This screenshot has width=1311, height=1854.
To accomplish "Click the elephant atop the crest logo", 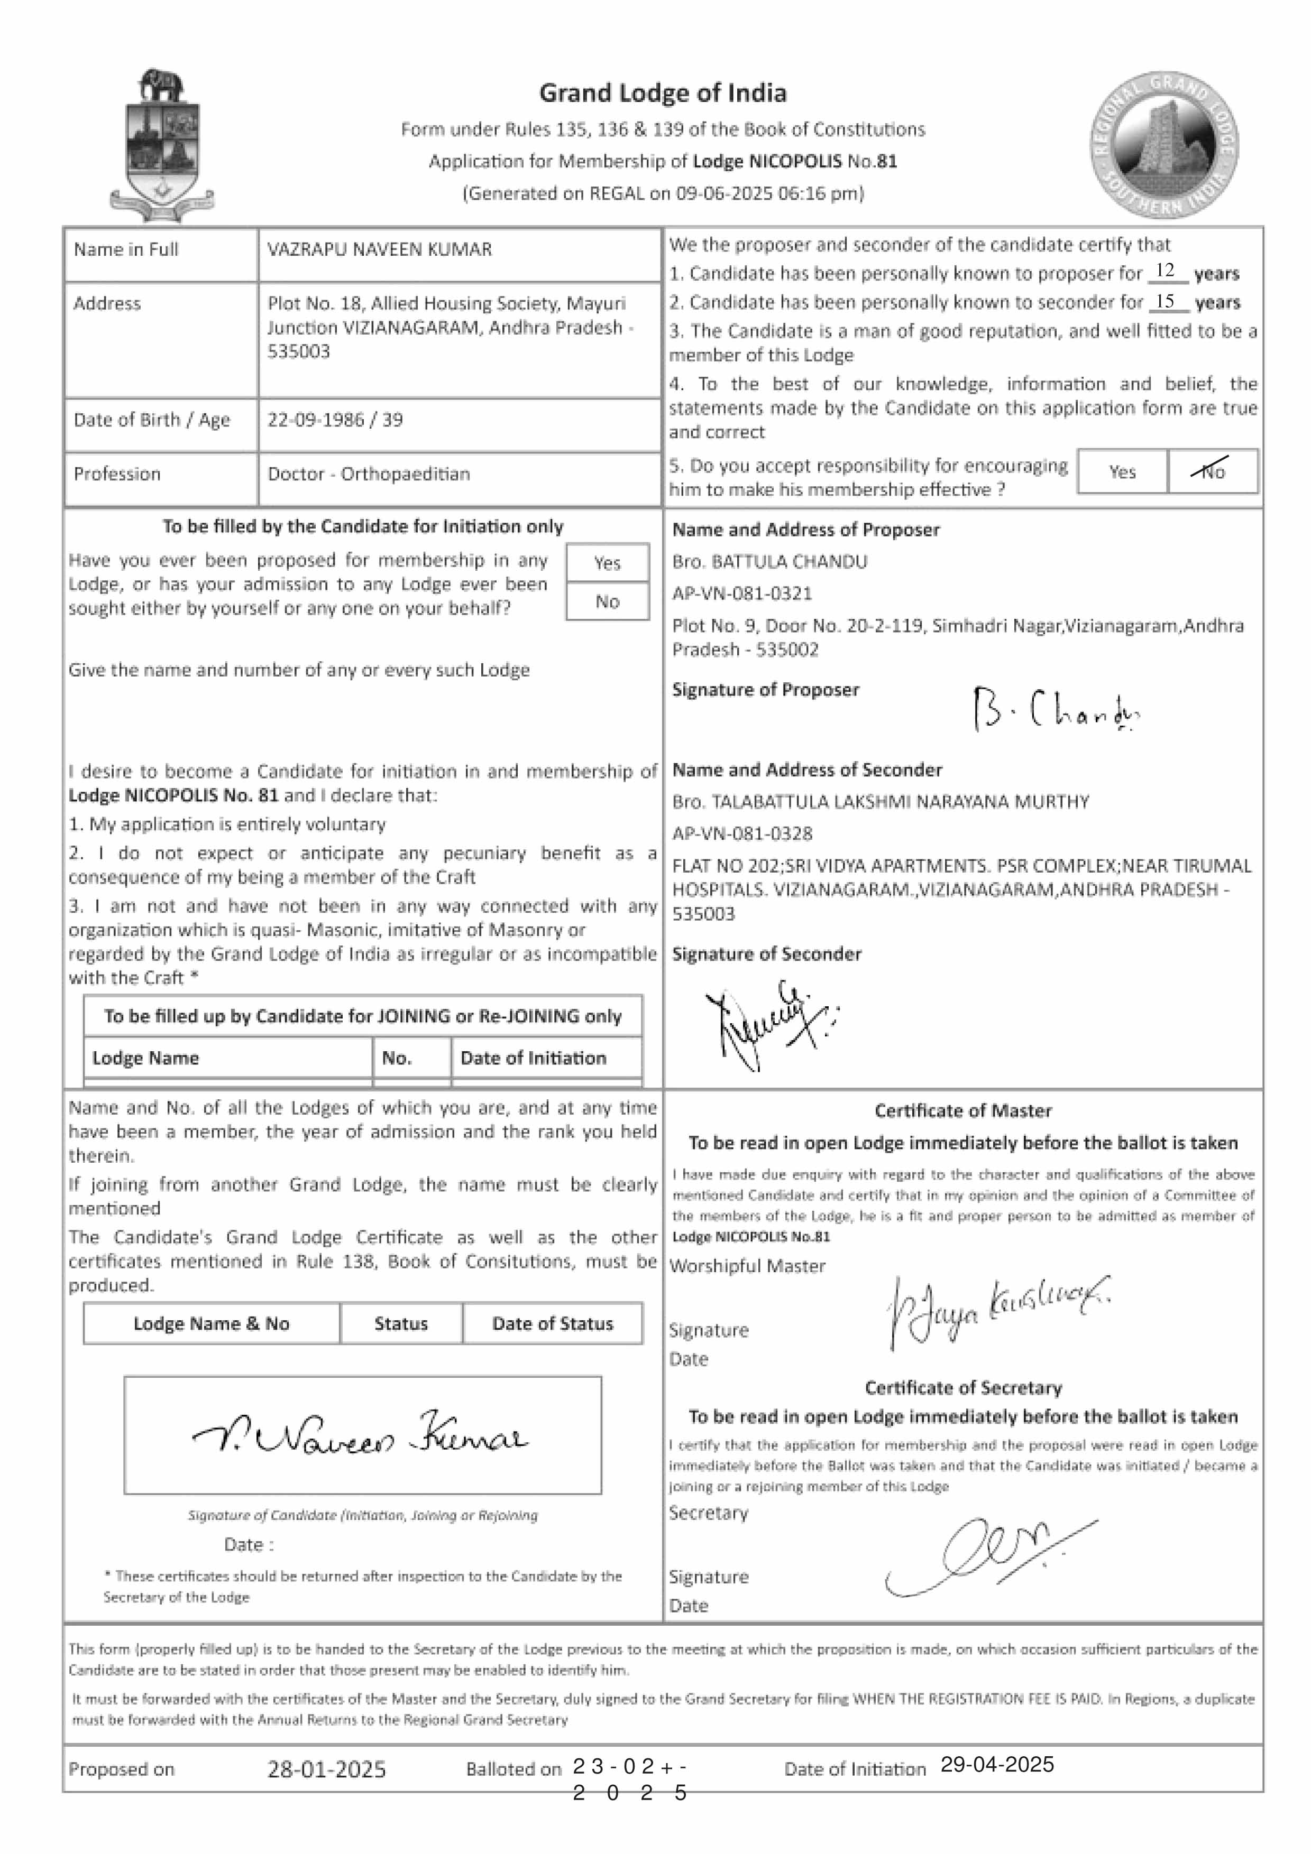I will click(161, 85).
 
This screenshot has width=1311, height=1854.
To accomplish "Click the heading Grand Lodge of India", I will click(662, 94).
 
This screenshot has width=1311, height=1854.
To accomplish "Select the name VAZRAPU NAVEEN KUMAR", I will click(380, 249).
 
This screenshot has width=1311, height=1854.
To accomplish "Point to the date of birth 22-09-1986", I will click(316, 420).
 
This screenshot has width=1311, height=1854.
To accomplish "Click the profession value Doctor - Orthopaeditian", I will click(369, 474).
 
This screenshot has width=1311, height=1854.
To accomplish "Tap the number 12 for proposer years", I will click(1165, 271).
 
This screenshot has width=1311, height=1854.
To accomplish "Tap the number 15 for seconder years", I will click(1165, 301).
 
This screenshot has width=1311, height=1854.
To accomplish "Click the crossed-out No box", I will click(1212, 471).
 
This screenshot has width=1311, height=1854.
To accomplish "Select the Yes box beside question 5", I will click(1122, 471).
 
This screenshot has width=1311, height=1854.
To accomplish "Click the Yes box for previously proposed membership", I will click(608, 563).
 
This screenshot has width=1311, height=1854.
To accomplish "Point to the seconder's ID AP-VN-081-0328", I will click(742, 833).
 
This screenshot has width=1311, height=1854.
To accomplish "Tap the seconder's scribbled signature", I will click(767, 1022).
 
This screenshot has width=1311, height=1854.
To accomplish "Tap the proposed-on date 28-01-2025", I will click(326, 1770).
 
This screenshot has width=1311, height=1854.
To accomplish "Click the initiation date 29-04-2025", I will click(997, 1764).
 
